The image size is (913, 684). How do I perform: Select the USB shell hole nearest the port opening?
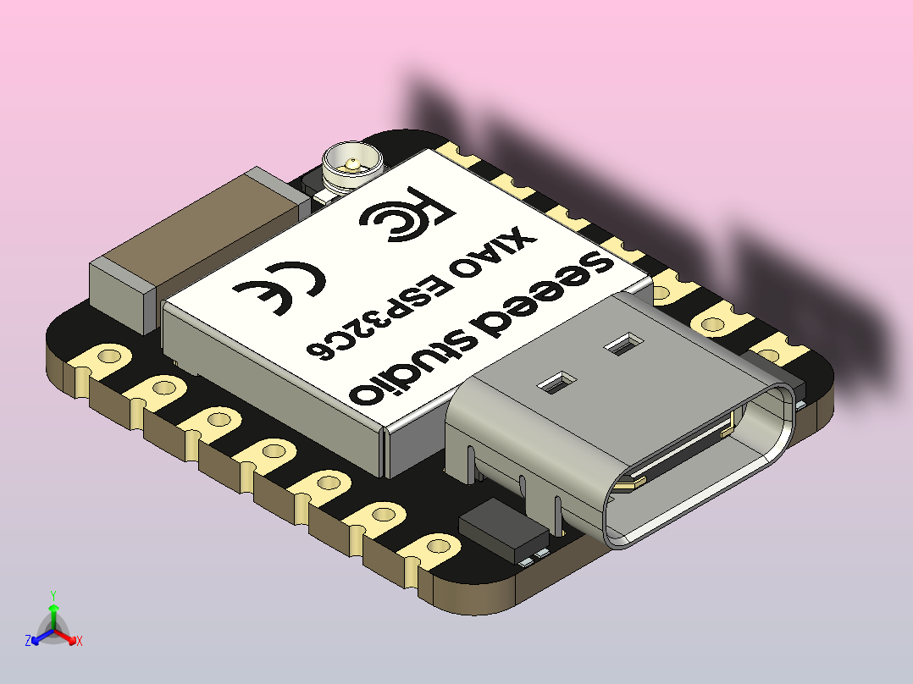[x=556, y=383]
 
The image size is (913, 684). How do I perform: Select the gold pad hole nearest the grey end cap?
[x=108, y=355]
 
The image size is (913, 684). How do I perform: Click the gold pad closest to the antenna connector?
[x=462, y=154]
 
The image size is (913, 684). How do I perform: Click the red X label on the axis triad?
[x=80, y=642]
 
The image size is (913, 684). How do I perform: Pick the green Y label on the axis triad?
[x=53, y=595]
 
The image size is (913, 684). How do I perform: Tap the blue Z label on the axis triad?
[x=28, y=642]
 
